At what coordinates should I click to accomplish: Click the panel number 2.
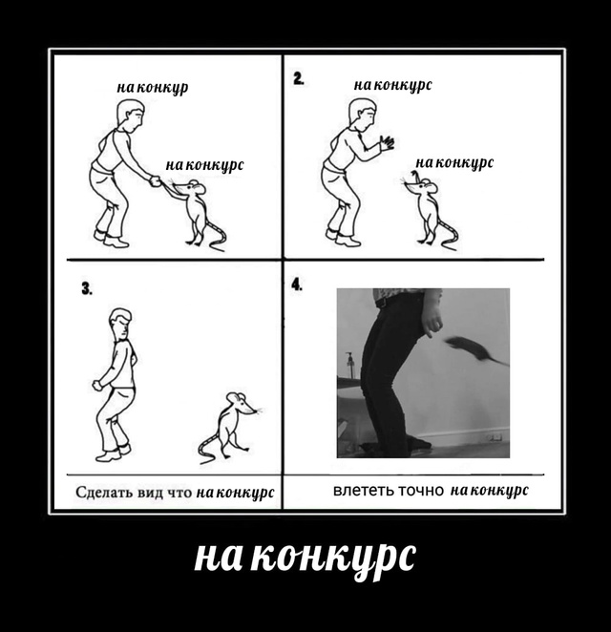[299, 80]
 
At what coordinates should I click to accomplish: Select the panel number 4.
[297, 284]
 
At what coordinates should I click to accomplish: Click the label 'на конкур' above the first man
[153, 88]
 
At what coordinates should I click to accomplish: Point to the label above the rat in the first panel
[204, 165]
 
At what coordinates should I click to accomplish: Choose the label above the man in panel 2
[392, 85]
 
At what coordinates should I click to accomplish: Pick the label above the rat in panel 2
[453, 163]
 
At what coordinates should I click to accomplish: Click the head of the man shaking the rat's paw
[130, 114]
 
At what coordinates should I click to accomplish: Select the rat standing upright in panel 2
[427, 210]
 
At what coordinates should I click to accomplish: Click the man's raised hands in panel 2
[386, 143]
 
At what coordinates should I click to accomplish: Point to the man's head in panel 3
[119, 322]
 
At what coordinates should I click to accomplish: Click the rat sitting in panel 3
[228, 426]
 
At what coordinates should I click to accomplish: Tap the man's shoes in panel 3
[113, 453]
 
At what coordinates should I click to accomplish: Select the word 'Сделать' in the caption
[105, 493]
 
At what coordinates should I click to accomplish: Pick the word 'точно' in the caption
[421, 491]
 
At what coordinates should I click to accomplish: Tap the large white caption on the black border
[305, 557]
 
